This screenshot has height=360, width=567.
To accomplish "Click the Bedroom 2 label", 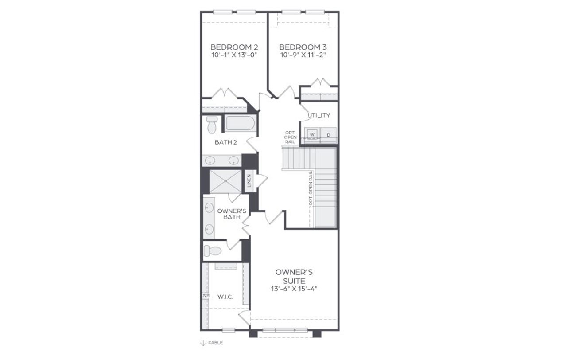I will [234, 47].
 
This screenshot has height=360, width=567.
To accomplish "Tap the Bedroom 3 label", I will [303, 47].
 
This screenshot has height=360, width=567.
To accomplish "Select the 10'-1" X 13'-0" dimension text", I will [234, 55].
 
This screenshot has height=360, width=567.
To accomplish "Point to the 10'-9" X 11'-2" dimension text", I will [303, 55].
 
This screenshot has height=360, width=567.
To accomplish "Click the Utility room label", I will [319, 116].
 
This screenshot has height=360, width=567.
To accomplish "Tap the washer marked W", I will [312, 134].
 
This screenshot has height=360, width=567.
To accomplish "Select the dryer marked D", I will [328, 135].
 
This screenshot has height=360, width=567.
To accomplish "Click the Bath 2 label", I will [226, 142].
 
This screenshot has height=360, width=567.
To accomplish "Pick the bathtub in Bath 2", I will [240, 123].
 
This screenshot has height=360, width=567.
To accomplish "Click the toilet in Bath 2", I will [212, 125].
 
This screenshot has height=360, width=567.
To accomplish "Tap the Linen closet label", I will [249, 181].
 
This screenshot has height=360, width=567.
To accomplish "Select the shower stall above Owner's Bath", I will [225, 181].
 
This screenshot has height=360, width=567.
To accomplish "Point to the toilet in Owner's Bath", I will [213, 251].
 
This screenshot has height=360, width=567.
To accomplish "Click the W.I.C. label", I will [225, 297].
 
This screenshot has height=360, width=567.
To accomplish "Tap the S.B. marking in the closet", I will [206, 295].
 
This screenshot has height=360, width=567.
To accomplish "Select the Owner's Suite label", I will [291, 276].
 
